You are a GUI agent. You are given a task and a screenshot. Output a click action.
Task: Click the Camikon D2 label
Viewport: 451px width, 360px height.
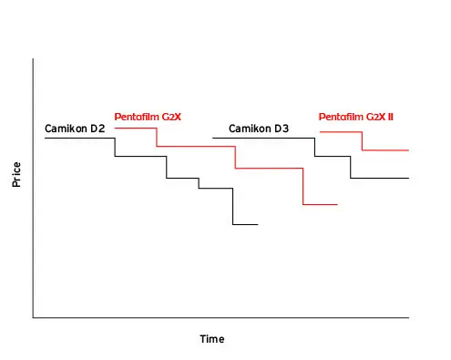click(75, 129)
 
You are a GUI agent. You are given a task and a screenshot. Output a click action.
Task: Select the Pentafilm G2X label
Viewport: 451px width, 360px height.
click(148, 117)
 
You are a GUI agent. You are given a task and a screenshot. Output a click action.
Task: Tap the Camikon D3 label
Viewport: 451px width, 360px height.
click(259, 129)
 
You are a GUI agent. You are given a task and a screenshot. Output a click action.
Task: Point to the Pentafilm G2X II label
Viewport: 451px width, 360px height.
click(356, 117)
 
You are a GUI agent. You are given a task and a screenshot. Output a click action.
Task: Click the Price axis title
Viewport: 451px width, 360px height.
click(16, 174)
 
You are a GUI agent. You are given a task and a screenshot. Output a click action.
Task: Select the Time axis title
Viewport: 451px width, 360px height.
click(212, 339)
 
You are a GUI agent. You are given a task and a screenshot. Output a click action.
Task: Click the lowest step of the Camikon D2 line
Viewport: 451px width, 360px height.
click(245, 224)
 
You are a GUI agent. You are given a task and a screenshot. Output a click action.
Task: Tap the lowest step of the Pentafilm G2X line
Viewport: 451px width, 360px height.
click(321, 204)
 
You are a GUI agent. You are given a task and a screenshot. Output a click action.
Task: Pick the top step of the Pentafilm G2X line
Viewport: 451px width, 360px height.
click(136, 129)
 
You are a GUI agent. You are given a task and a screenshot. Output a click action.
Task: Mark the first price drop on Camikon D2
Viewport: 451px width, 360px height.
click(115, 148)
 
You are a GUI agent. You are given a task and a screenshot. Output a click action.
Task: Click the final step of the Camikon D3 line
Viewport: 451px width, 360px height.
click(380, 178)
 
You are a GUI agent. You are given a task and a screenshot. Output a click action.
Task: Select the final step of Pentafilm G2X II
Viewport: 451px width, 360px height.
click(385, 150)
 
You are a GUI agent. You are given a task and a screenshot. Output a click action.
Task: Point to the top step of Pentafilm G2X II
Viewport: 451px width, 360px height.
click(341, 132)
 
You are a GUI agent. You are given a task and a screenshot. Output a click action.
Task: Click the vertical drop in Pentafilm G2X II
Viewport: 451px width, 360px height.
click(362, 141)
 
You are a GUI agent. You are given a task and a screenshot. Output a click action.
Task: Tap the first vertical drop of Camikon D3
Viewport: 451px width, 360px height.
click(314, 148)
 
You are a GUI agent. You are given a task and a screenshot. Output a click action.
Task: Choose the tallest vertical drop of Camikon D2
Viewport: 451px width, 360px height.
click(233, 207)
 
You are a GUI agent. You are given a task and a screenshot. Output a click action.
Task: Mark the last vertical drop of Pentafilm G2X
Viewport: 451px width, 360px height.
click(302, 186)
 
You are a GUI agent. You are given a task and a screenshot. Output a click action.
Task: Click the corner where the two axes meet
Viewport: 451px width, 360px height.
click(33, 318)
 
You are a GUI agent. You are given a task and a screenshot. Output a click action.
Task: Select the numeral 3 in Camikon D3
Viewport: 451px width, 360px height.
click(285, 129)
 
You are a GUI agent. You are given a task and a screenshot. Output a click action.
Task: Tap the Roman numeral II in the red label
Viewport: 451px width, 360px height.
click(390, 117)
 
